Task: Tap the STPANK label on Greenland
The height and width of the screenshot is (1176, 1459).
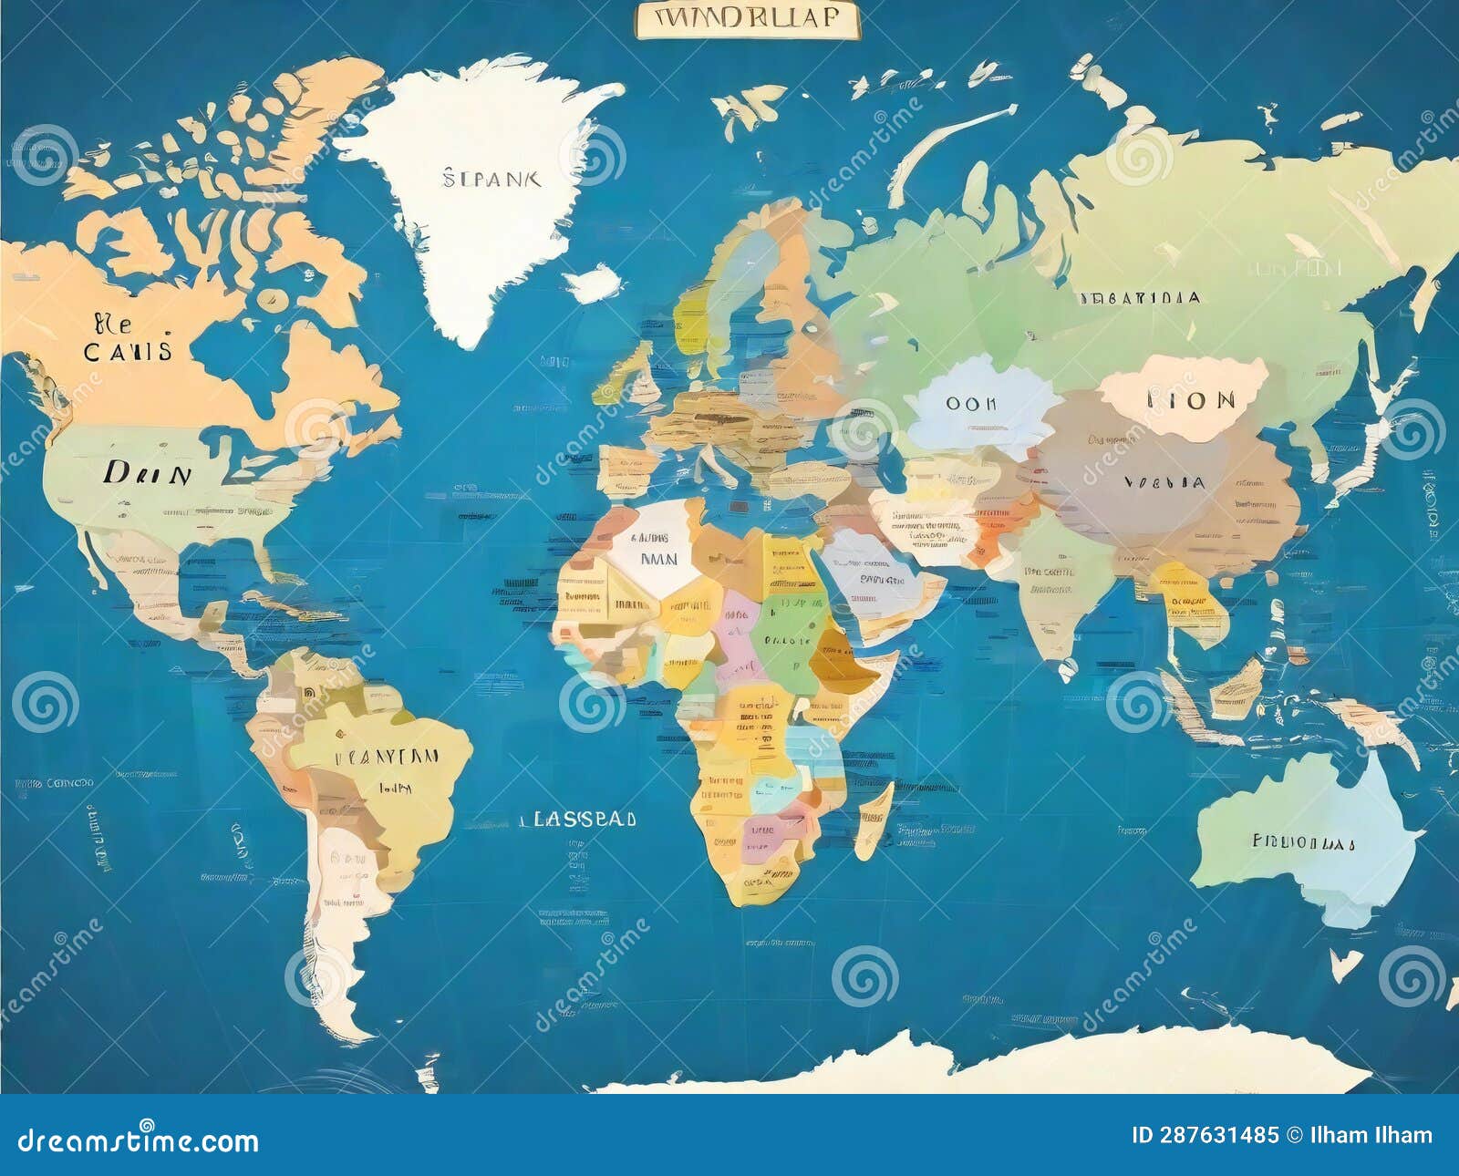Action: point(492,178)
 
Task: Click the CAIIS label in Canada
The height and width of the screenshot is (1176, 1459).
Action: point(128,351)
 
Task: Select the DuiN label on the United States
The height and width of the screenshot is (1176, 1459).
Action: point(147,473)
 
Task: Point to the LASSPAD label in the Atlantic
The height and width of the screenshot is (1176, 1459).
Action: point(577,819)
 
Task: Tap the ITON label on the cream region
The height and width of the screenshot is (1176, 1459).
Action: point(1190,400)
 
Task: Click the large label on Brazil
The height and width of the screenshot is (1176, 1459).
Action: point(387,757)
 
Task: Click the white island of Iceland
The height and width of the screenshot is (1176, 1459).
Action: point(594,284)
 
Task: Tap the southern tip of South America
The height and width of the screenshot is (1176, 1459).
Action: point(351,1030)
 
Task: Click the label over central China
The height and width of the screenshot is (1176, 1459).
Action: point(1164,482)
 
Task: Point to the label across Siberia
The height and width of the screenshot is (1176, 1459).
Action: point(1139,298)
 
